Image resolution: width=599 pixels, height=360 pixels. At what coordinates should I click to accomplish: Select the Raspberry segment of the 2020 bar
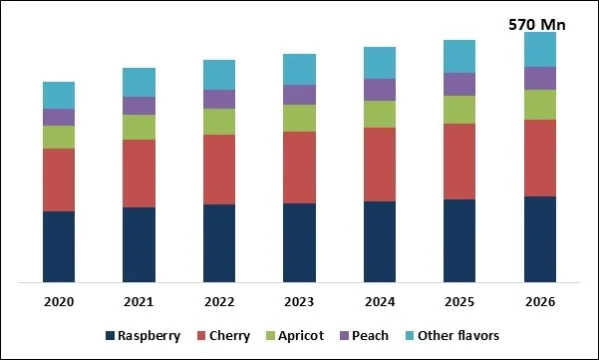click(59, 246)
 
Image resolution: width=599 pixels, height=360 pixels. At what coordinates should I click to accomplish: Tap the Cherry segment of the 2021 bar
click(139, 174)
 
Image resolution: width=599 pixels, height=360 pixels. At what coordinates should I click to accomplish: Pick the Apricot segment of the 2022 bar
click(219, 121)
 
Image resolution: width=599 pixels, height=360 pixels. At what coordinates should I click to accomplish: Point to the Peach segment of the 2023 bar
click(299, 95)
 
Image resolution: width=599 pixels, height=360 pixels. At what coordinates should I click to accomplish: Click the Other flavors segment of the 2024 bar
click(380, 63)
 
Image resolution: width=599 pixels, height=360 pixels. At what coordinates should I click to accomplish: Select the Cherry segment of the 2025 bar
click(459, 162)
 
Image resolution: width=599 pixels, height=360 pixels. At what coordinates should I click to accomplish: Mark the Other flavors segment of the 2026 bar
click(540, 49)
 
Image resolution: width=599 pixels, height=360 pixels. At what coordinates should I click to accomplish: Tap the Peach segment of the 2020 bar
click(59, 117)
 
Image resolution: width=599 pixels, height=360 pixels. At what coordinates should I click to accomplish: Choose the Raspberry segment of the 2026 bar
click(540, 239)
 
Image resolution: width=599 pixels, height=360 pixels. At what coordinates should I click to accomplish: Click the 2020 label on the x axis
click(59, 302)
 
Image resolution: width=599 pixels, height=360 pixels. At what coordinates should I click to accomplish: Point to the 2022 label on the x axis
click(219, 302)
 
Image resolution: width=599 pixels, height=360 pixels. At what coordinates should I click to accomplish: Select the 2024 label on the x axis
click(380, 302)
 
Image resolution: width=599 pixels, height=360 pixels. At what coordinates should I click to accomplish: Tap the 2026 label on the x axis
click(540, 302)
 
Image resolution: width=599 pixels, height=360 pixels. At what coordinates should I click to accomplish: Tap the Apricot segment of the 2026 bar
click(540, 105)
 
